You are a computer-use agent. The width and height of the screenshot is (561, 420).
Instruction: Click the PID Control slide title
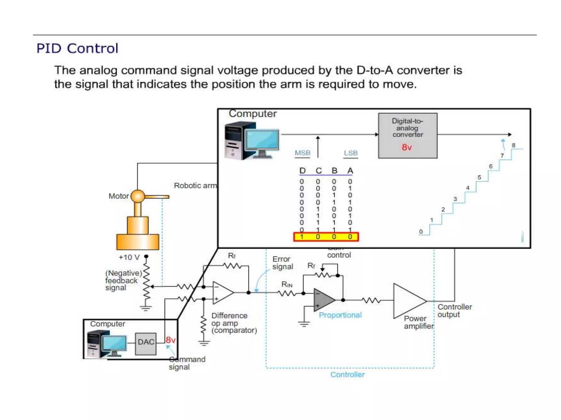tap(77, 48)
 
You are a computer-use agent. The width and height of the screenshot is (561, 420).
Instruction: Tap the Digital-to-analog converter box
tap(407, 135)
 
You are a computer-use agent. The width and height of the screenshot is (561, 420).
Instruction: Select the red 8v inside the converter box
tap(407, 147)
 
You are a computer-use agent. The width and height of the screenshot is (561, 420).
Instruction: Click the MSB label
tap(302, 153)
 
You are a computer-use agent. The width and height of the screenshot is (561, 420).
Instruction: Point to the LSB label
tap(351, 153)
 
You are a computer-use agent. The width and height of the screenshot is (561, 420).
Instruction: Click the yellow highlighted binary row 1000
tap(326, 237)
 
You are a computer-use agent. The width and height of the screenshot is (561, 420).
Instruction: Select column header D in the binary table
tap(302, 171)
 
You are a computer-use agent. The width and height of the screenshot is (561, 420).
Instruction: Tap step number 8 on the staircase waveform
tap(514, 145)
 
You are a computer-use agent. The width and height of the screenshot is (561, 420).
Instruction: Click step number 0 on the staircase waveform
tap(421, 232)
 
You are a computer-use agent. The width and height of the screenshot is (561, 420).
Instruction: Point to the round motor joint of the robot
tap(138, 196)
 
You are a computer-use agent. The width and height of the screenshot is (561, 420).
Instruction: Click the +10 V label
tap(129, 257)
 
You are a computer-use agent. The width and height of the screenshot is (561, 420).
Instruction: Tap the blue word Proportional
tap(340, 315)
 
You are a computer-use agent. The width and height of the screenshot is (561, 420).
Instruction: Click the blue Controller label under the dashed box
tap(347, 374)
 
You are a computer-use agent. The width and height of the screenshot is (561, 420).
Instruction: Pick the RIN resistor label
tap(287, 285)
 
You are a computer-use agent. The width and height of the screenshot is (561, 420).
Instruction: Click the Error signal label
tap(282, 263)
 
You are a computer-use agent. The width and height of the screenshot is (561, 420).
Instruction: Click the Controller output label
tap(454, 311)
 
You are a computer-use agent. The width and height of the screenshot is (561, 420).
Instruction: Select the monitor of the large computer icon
tap(262, 140)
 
